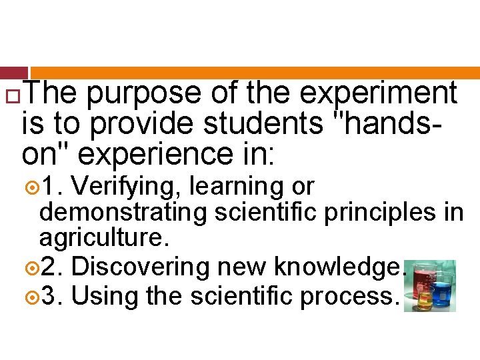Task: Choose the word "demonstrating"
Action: [123, 213]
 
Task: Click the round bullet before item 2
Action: [33, 267]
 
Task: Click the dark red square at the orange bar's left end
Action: [14, 73]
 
